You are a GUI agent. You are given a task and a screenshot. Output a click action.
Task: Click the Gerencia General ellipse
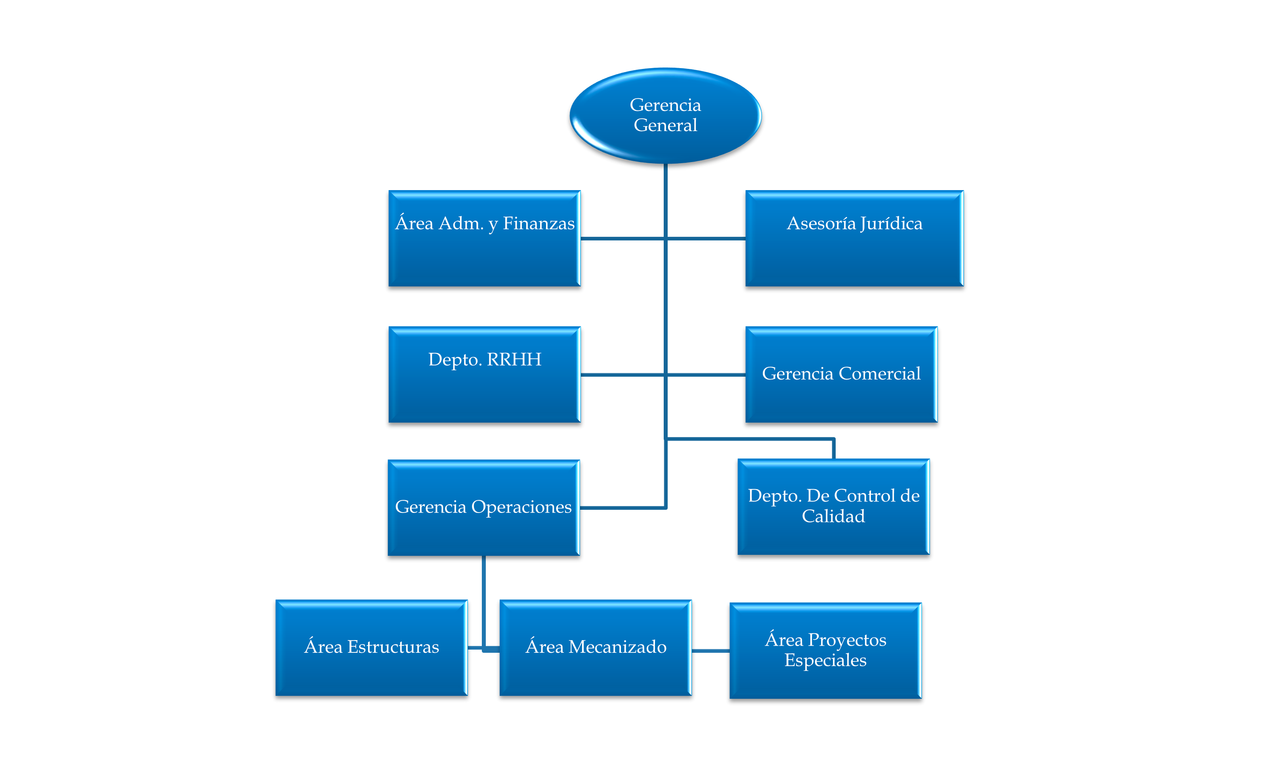tap(665, 116)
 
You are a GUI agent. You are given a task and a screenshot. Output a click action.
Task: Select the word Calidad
tap(833, 516)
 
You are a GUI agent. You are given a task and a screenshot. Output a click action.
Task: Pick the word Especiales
tap(825, 660)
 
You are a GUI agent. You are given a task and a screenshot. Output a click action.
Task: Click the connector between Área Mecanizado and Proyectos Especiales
tap(710, 650)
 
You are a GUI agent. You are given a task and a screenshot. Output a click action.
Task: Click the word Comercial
tap(880, 374)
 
